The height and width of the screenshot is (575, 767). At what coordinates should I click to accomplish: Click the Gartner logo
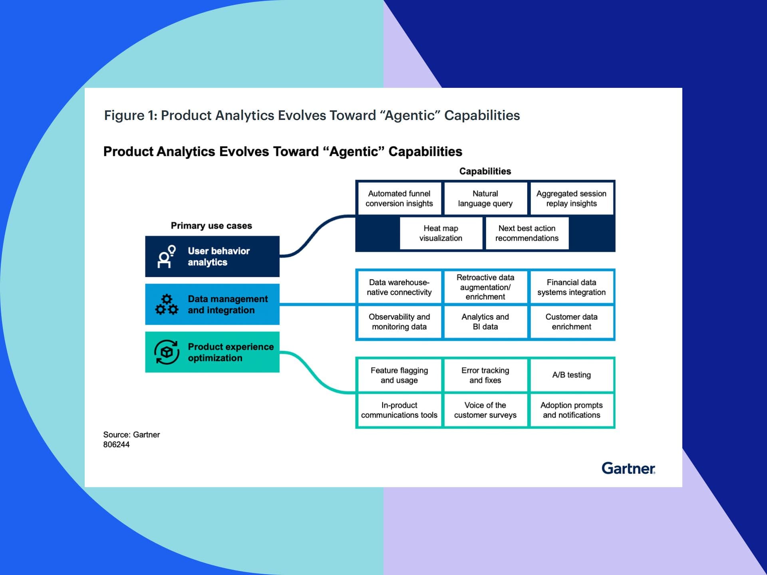tap(628, 468)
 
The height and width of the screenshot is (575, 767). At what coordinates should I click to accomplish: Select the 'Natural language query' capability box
tap(485, 198)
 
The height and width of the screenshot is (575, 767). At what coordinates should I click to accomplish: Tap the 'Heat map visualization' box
tap(441, 233)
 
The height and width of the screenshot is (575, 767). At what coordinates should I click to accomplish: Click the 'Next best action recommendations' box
tap(527, 233)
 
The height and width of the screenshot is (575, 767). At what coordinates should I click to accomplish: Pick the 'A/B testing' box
tap(571, 375)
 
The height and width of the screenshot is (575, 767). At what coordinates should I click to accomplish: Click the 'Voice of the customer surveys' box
tap(485, 410)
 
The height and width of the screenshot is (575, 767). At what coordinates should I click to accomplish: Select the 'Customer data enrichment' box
tap(571, 322)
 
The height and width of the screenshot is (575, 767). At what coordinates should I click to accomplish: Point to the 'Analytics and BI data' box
tap(485, 322)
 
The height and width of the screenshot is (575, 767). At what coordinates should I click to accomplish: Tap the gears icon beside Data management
tap(167, 305)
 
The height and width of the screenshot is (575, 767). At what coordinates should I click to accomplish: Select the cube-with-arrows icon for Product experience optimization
tap(167, 352)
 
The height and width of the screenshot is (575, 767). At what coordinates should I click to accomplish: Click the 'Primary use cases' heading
tap(211, 226)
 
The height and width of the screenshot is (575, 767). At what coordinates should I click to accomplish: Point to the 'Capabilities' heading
tap(485, 171)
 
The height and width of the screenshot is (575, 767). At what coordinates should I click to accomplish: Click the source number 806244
tap(116, 445)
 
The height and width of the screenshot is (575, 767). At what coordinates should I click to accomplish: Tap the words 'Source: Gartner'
tap(131, 435)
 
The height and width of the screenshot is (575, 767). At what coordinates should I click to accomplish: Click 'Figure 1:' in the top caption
tap(131, 115)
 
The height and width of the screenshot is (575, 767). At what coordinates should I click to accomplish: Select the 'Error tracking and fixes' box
tap(485, 375)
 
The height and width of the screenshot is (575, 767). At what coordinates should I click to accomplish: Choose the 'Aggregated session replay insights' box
tap(571, 198)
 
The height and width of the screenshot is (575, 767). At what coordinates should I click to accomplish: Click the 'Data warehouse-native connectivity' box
tap(399, 287)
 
